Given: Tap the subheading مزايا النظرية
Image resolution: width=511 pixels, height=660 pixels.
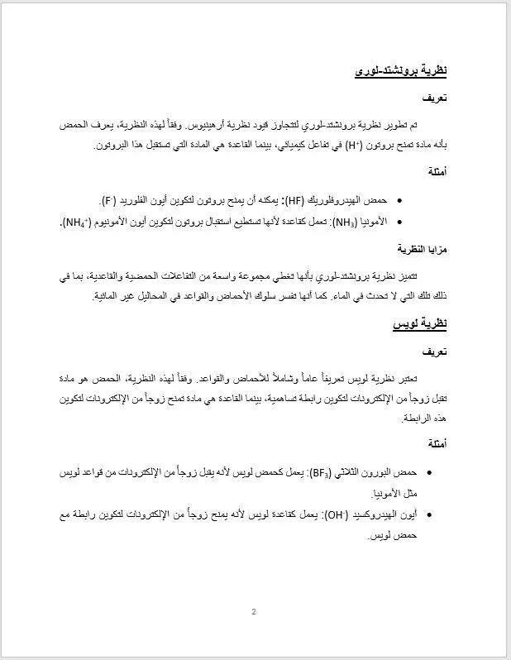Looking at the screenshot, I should point(423,248).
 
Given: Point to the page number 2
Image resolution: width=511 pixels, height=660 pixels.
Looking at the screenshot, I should point(254,612).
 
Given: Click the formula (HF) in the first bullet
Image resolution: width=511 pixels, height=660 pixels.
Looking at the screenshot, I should point(296,201).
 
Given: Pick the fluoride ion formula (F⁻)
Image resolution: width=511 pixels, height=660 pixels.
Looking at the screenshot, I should point(107,201).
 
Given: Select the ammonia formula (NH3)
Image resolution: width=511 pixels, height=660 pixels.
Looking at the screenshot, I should point(319,222).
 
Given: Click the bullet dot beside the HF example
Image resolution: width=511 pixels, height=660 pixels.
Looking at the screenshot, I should point(400,201).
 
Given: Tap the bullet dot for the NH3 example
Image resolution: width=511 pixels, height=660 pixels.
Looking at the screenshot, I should point(400,222).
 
